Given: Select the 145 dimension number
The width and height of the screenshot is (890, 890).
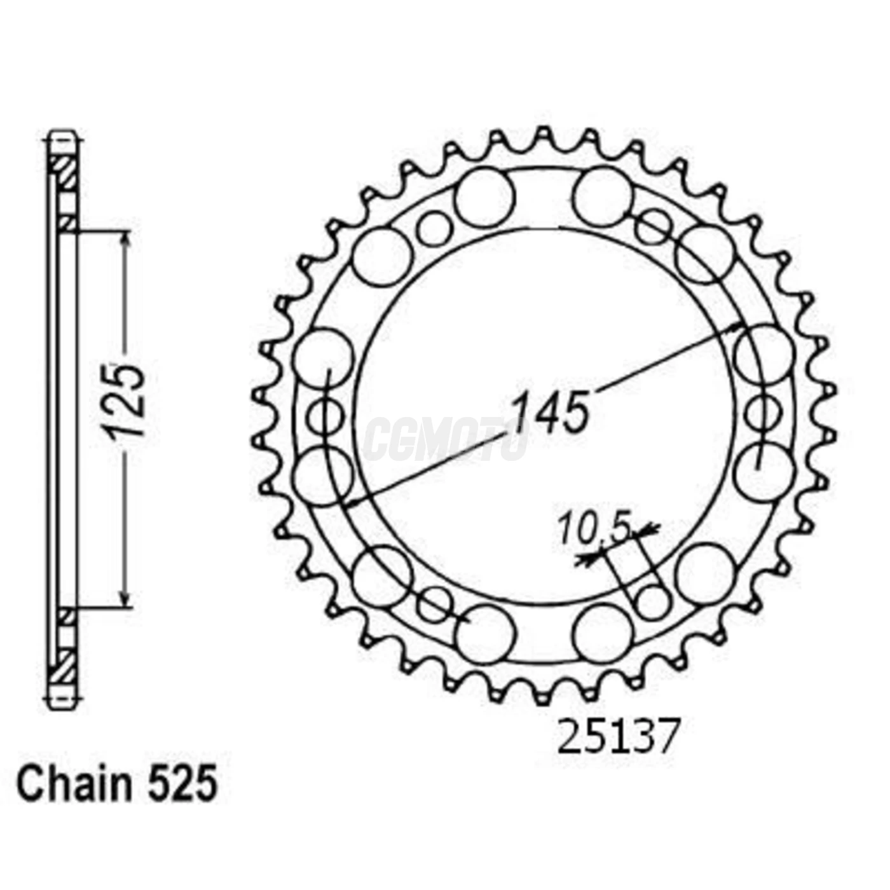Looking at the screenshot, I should (551, 412).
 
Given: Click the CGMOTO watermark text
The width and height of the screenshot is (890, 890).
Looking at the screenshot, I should (445, 439).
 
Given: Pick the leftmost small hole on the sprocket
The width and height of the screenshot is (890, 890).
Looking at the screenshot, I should (325, 416).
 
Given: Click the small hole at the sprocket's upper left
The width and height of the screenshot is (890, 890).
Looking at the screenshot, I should (434, 228).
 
